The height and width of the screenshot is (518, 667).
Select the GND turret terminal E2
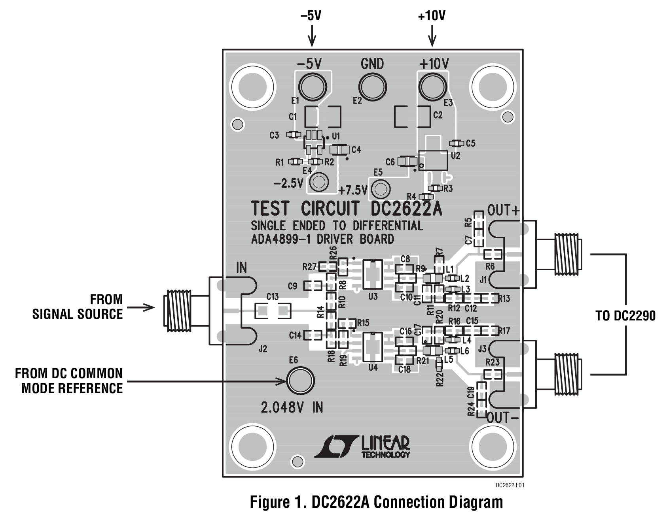tap(373, 87)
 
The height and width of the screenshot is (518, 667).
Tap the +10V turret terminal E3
tap(433, 87)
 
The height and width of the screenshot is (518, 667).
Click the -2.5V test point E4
tap(318, 182)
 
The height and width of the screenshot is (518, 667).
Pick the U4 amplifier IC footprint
tap(372, 348)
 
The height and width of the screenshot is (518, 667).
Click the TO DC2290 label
tap(625, 316)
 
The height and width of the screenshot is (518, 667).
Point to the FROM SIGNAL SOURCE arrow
tap(140, 307)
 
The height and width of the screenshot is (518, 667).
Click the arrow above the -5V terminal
tap(312, 35)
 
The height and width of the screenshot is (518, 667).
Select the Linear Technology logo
tap(362, 447)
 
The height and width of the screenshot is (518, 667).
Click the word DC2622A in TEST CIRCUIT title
tap(407, 209)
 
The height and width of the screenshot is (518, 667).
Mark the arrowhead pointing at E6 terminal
tap(282, 381)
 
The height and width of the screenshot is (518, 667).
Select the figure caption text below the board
tap(377, 502)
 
